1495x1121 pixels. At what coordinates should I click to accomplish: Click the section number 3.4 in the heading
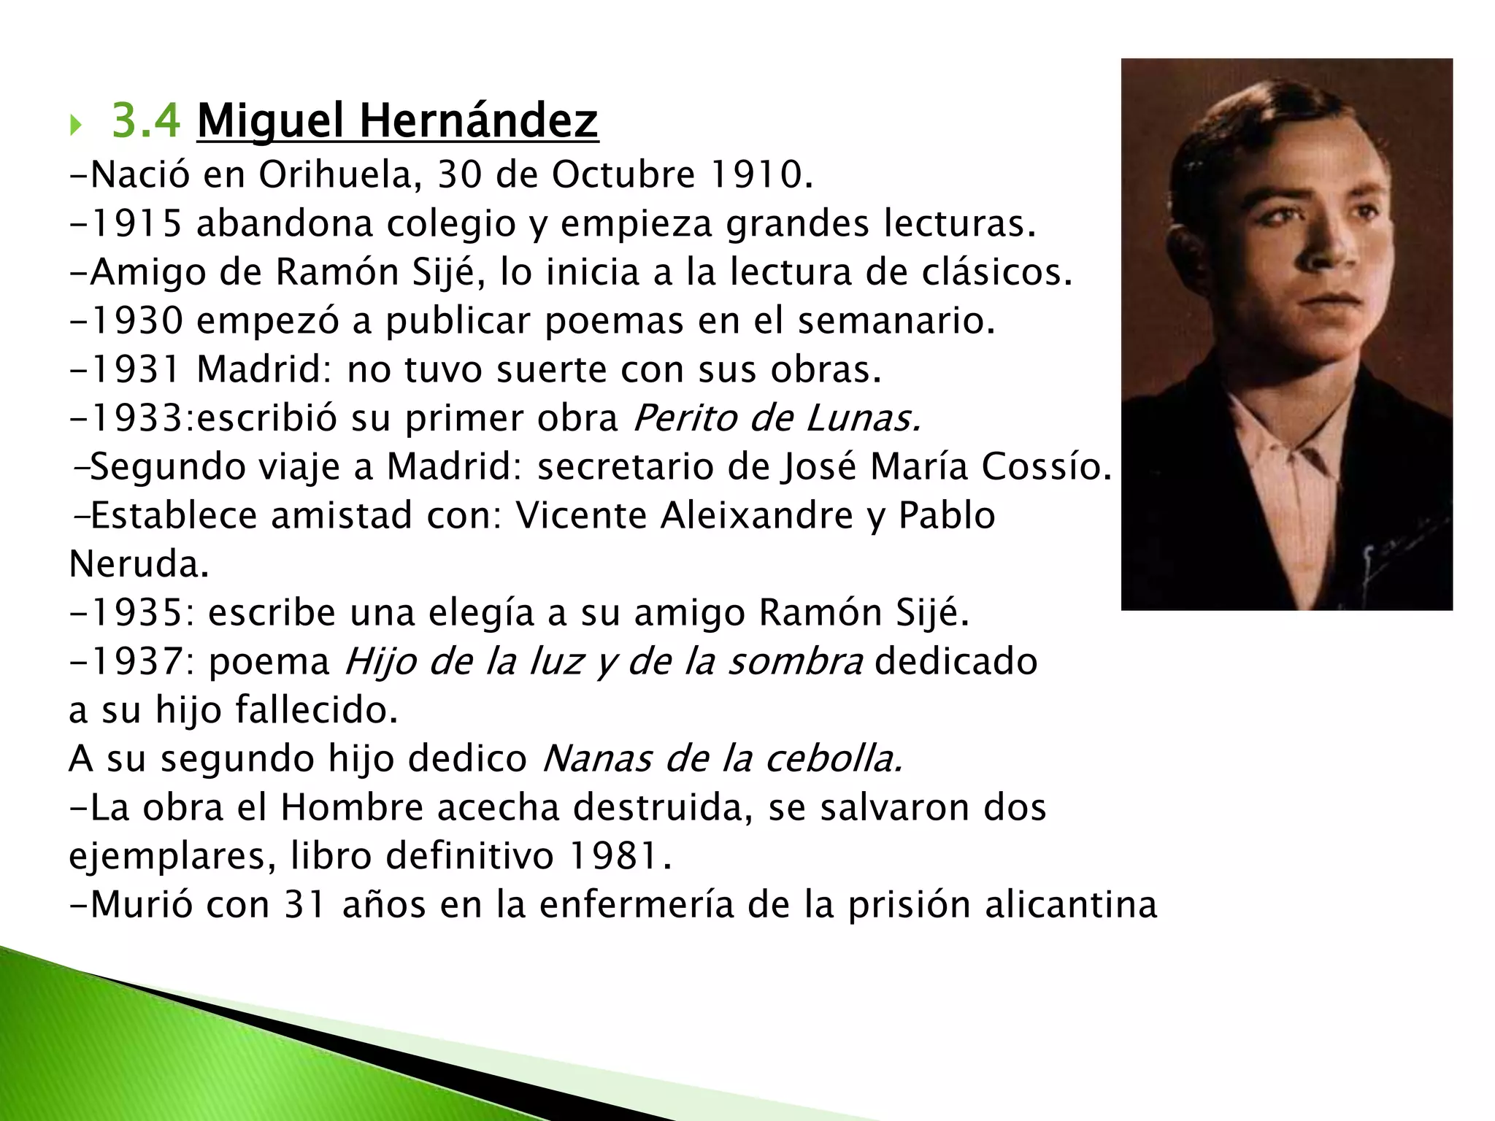145,120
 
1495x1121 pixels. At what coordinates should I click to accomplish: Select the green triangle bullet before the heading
75,126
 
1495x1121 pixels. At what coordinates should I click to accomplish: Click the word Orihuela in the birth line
340,175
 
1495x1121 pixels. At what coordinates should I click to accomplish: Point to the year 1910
761,175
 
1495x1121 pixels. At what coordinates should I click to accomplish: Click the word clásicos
997,272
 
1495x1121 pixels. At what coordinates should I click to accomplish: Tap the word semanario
896,321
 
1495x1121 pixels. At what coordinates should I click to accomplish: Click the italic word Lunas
863,418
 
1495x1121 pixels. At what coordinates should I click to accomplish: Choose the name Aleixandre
757,515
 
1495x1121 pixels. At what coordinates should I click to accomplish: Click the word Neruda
139,564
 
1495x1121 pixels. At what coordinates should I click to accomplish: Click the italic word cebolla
834,759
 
